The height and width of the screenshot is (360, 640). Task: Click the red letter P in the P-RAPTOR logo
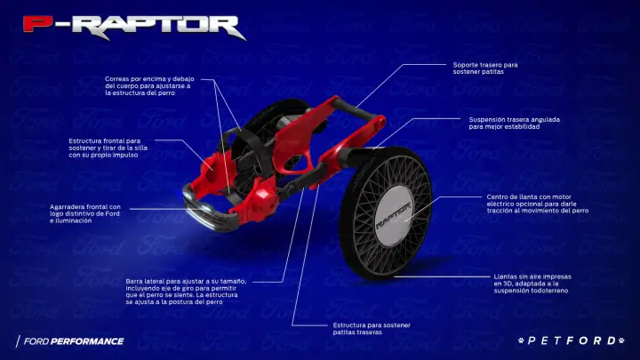(x=38, y=24)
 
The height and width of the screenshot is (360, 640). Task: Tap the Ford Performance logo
(x=70, y=341)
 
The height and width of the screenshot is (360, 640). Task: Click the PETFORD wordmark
(x=572, y=340)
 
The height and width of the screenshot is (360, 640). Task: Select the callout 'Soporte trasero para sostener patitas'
(x=485, y=68)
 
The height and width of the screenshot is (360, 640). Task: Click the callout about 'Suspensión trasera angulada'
(x=515, y=123)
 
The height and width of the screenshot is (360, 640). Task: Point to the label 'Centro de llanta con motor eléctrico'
(x=537, y=204)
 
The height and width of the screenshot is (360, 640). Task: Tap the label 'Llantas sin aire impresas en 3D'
(x=532, y=284)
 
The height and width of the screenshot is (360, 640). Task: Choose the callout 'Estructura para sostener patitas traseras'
(x=372, y=329)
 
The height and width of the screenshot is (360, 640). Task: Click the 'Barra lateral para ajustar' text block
(x=186, y=292)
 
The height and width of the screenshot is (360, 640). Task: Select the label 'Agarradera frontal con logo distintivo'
(x=85, y=214)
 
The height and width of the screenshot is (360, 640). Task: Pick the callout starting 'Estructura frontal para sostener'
(x=108, y=148)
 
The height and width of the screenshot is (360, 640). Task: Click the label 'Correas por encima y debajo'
(x=149, y=85)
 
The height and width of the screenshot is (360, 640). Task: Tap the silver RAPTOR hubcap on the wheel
(x=393, y=217)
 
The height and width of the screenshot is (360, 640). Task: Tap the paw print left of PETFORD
(x=521, y=340)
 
